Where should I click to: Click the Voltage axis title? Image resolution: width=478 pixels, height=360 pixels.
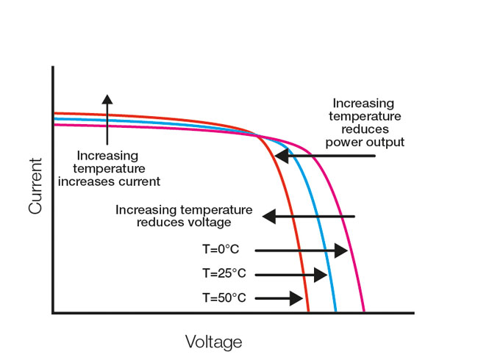point(213,342)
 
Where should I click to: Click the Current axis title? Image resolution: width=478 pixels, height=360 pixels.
point(35,187)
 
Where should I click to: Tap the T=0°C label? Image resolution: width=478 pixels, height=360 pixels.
point(221,251)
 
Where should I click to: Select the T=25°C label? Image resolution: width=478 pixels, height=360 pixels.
point(224,274)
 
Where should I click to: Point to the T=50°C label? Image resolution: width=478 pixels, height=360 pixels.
point(224,298)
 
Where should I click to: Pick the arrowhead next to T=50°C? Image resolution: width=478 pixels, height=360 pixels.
point(296,298)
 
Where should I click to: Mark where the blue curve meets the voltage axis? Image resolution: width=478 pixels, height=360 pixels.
point(336,312)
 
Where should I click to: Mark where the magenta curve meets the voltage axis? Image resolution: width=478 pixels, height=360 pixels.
point(365,312)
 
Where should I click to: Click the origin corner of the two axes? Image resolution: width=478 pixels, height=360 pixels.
point(53,313)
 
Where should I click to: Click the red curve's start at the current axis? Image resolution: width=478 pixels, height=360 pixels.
point(54,114)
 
